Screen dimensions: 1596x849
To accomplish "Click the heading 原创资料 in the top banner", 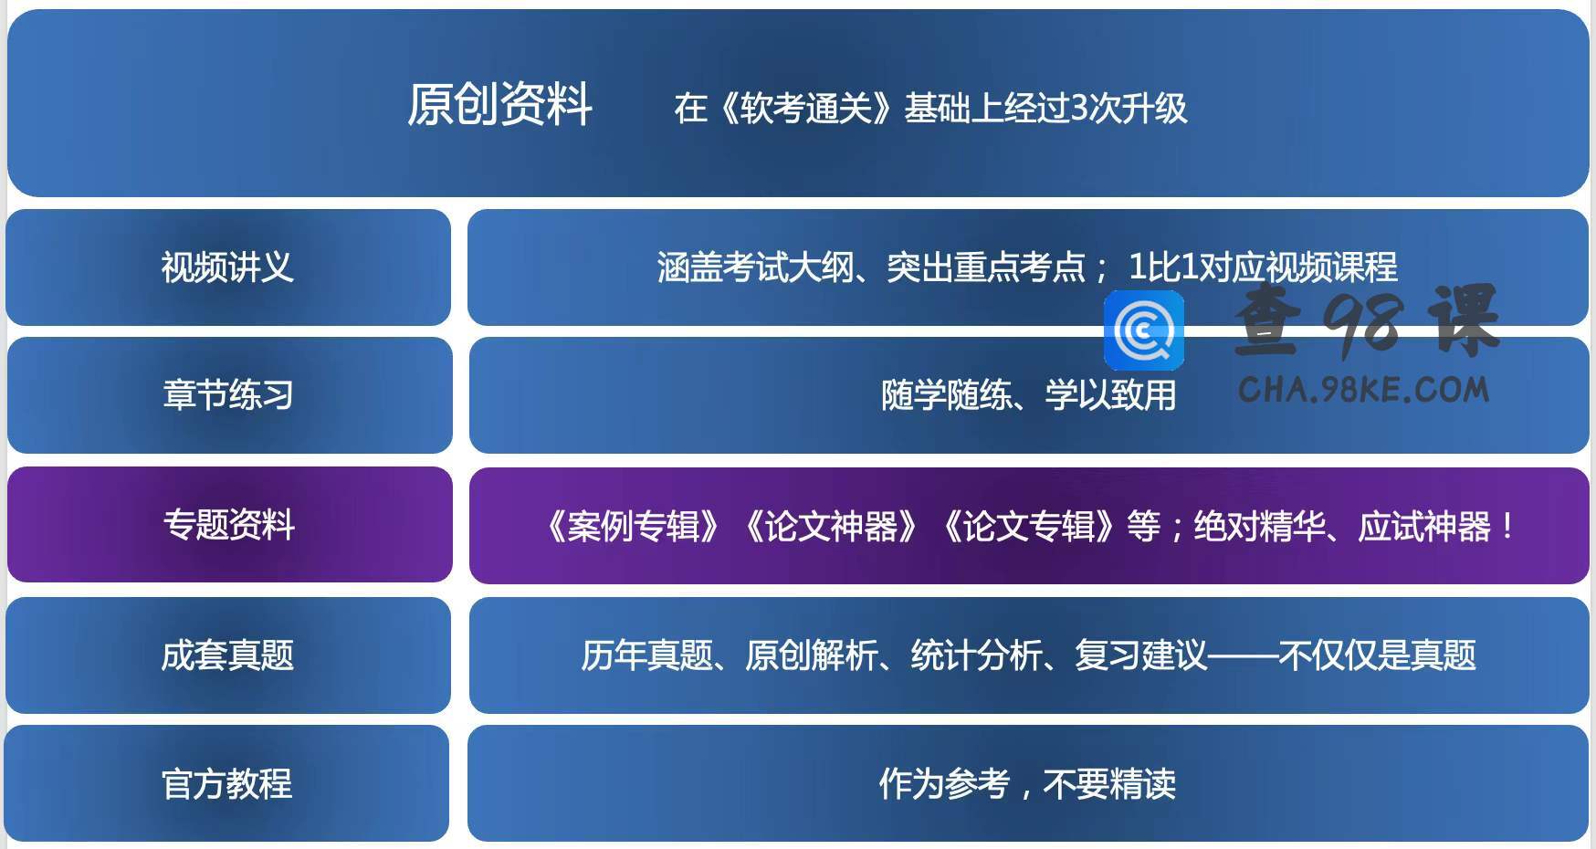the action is pyautogui.click(x=500, y=104).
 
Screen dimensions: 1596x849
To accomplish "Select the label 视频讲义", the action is pyautogui.click(x=227, y=267).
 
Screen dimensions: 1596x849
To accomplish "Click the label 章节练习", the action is pyautogui.click(x=228, y=395).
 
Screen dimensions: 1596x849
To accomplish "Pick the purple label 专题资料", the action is pyautogui.click(x=229, y=525).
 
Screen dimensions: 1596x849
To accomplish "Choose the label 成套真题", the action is pyautogui.click(x=227, y=655).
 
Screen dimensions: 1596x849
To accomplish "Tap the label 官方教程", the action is pyautogui.click(x=227, y=784).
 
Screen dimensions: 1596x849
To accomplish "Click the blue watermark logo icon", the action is pyautogui.click(x=1144, y=330).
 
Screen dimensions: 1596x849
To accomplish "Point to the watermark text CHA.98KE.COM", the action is pyautogui.click(x=1364, y=390).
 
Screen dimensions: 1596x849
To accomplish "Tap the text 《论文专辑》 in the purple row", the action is pyautogui.click(x=1029, y=527).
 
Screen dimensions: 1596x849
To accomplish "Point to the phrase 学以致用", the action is pyautogui.click(x=1110, y=395).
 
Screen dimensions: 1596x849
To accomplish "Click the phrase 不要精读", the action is pyautogui.click(x=1109, y=784).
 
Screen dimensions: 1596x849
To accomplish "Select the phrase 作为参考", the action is pyautogui.click(x=944, y=784).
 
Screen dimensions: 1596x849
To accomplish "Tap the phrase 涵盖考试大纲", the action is pyautogui.click(x=755, y=267).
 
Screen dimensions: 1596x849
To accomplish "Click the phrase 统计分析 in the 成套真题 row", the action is pyautogui.click(x=976, y=655).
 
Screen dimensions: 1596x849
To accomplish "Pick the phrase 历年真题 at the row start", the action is pyautogui.click(x=647, y=655).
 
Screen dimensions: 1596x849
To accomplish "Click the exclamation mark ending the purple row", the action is pyautogui.click(x=1507, y=527).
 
